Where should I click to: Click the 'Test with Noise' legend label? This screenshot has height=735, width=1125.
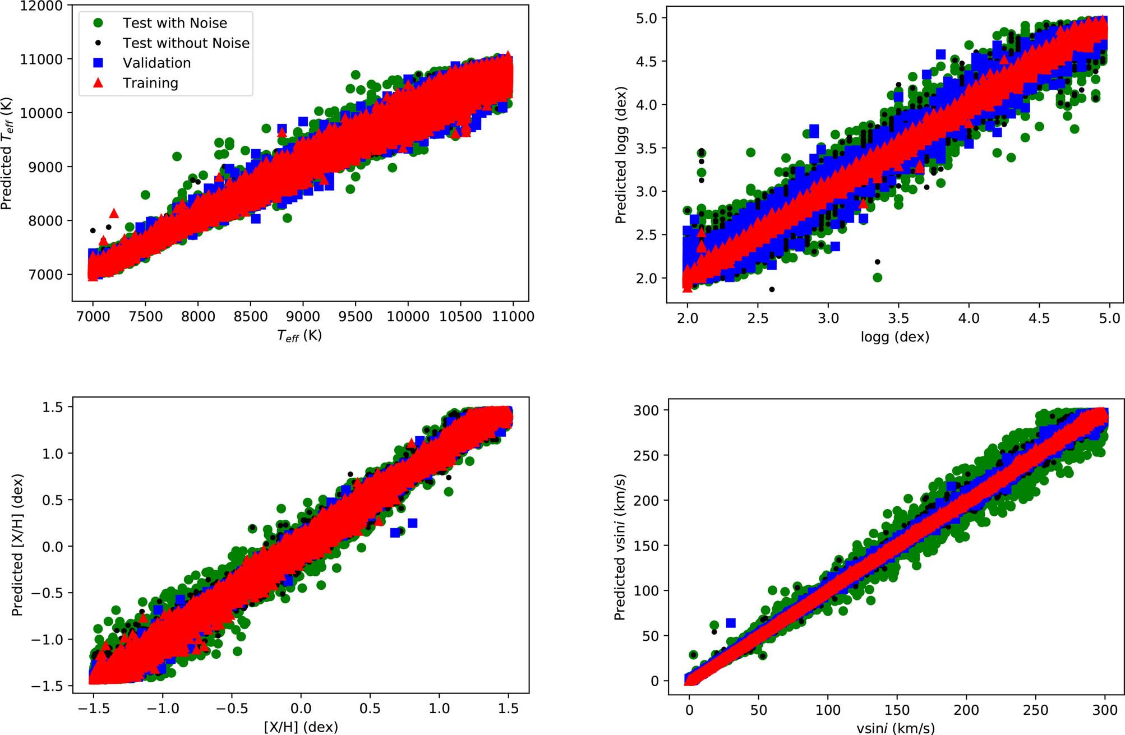(x=174, y=23)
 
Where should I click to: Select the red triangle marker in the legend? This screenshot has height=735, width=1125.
(x=98, y=83)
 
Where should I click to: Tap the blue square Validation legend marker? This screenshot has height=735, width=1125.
(x=98, y=63)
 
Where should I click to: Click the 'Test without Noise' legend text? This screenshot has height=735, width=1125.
(x=186, y=43)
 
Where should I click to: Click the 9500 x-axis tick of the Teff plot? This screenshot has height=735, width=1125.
(x=356, y=317)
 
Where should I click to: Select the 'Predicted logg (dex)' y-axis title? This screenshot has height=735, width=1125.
(x=621, y=155)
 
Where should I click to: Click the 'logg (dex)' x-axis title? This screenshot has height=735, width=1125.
(x=895, y=337)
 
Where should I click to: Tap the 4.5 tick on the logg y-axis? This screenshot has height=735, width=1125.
(x=646, y=62)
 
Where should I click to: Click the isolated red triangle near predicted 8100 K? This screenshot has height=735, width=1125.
(x=114, y=214)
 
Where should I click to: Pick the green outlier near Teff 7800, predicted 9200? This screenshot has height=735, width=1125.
(x=177, y=156)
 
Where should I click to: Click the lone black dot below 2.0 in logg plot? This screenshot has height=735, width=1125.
(x=772, y=289)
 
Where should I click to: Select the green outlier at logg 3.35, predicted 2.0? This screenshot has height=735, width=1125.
(x=878, y=278)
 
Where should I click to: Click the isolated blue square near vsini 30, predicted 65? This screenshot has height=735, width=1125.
(x=731, y=623)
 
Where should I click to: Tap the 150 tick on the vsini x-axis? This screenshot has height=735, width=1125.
(x=897, y=710)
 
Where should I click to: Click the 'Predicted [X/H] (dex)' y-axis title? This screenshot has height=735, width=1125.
(x=17, y=545)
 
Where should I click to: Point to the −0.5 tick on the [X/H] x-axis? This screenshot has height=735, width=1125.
(x=232, y=709)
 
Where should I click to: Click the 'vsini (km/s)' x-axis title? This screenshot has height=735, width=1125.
(x=895, y=728)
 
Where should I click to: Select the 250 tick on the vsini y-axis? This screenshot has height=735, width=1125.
(x=646, y=456)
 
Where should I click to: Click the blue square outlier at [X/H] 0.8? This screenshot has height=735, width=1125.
(x=412, y=523)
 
